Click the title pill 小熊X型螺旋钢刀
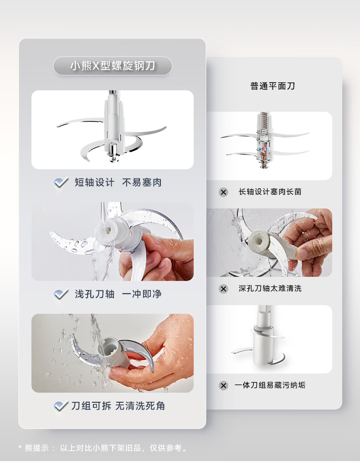pos(113,66)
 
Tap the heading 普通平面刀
pos(273,86)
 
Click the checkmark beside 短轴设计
pos(61,183)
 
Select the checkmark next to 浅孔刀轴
pos(61,294)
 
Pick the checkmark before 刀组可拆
pos(61,406)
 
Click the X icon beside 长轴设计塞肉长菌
pos(223,192)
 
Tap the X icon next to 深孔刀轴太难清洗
pos(223,289)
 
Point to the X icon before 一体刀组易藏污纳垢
pos(223,385)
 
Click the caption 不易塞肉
pos(142,182)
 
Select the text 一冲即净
pos(142,294)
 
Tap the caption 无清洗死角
pos(140,406)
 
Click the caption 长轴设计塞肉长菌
pos(270,192)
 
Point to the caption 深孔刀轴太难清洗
pos(270,288)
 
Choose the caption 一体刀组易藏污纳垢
pos(270,385)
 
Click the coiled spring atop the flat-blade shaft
pos(264,121)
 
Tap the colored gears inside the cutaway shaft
pos(262,149)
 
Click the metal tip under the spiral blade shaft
pos(113,153)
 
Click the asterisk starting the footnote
pos(20,447)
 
